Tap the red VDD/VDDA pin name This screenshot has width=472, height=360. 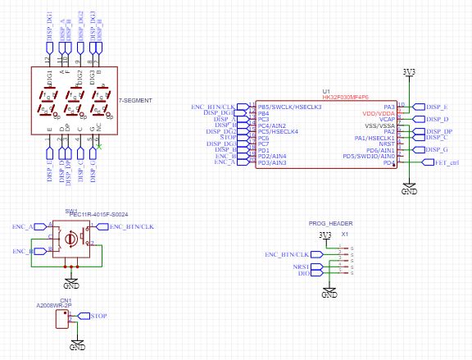click(378, 112)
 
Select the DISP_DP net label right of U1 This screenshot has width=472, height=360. click(439, 131)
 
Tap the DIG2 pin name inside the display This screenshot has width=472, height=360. click(80, 79)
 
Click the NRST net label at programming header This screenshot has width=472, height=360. click(302, 267)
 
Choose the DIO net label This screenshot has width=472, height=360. click(303, 275)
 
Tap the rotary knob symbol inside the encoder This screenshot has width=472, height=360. click(72, 239)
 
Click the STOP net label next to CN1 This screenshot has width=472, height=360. click(98, 316)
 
